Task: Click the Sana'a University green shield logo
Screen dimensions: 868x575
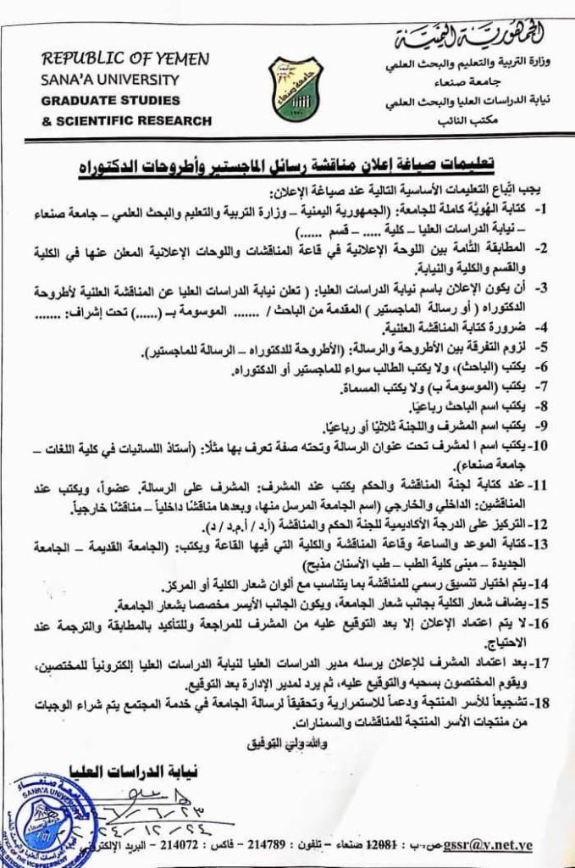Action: click(x=296, y=89)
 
